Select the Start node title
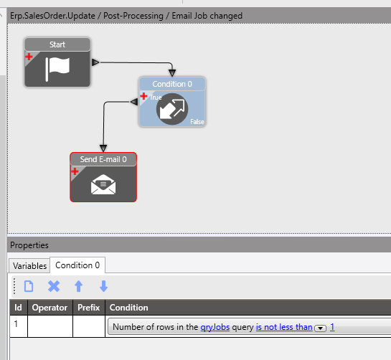click(x=57, y=44)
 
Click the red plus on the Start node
click(x=29, y=57)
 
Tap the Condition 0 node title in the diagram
click(x=172, y=84)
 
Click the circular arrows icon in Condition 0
click(x=172, y=109)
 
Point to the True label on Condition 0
click(x=156, y=98)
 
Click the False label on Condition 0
click(x=197, y=122)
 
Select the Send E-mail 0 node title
click(x=103, y=159)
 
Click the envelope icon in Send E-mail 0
click(x=103, y=184)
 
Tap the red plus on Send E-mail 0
click(x=75, y=171)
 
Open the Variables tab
click(x=29, y=266)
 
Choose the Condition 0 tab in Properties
click(x=77, y=265)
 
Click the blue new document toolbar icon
click(x=29, y=286)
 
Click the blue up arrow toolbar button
click(x=78, y=286)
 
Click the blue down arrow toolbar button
click(x=103, y=286)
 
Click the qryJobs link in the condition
click(x=215, y=327)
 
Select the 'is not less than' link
click(x=284, y=327)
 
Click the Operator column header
click(x=50, y=308)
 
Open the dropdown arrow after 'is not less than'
click(x=321, y=328)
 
